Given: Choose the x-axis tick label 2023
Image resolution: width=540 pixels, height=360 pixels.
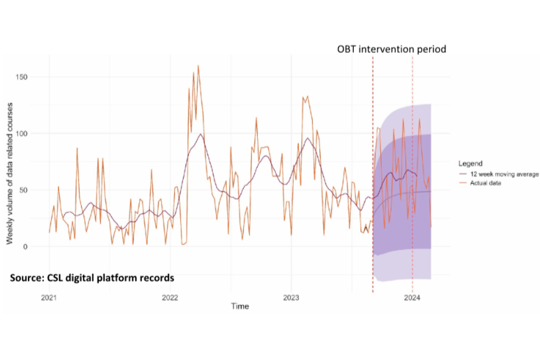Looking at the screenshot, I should pos(291,298).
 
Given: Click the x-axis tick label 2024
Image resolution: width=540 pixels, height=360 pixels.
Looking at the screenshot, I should pos(412,298).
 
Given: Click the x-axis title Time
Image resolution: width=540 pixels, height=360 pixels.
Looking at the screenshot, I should pos(240,307).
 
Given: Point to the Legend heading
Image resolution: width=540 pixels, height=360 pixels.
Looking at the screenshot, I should pos(470,164).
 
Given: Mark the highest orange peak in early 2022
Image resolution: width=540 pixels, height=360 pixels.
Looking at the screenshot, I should pos(198,66).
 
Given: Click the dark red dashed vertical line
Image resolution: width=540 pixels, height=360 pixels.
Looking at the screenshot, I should pos(372,169).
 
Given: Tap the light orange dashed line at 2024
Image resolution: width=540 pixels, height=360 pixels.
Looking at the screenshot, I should pos(412,169).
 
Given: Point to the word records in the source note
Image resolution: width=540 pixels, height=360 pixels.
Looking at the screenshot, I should pos(157,278).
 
